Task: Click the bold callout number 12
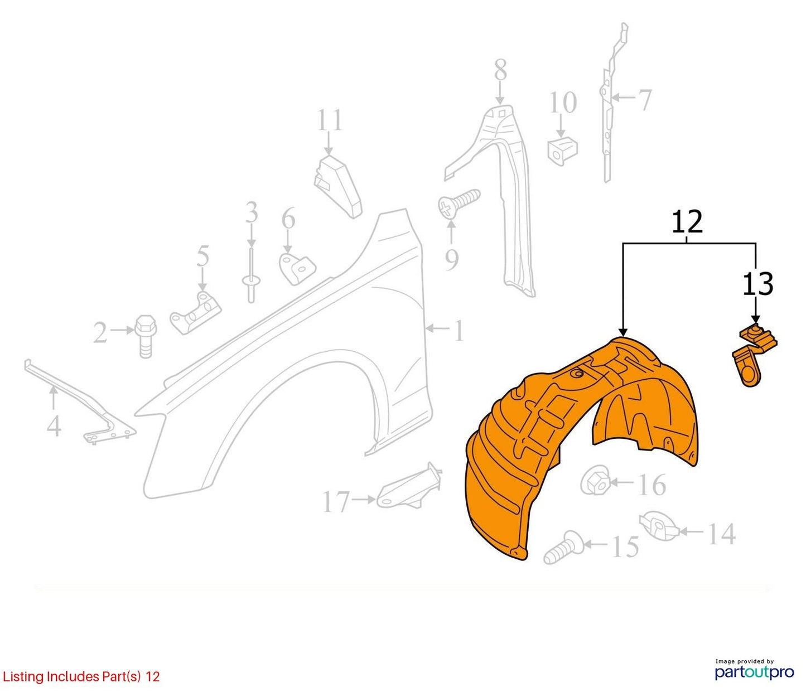coord(687,222)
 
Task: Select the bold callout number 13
coord(757,284)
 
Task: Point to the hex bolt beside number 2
coord(146,336)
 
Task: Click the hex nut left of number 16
coord(595,481)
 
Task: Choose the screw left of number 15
coord(563,547)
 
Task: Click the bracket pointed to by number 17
coord(409,487)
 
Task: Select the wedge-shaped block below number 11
coord(337,186)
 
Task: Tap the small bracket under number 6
coord(297,268)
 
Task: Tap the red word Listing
coord(23,676)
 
